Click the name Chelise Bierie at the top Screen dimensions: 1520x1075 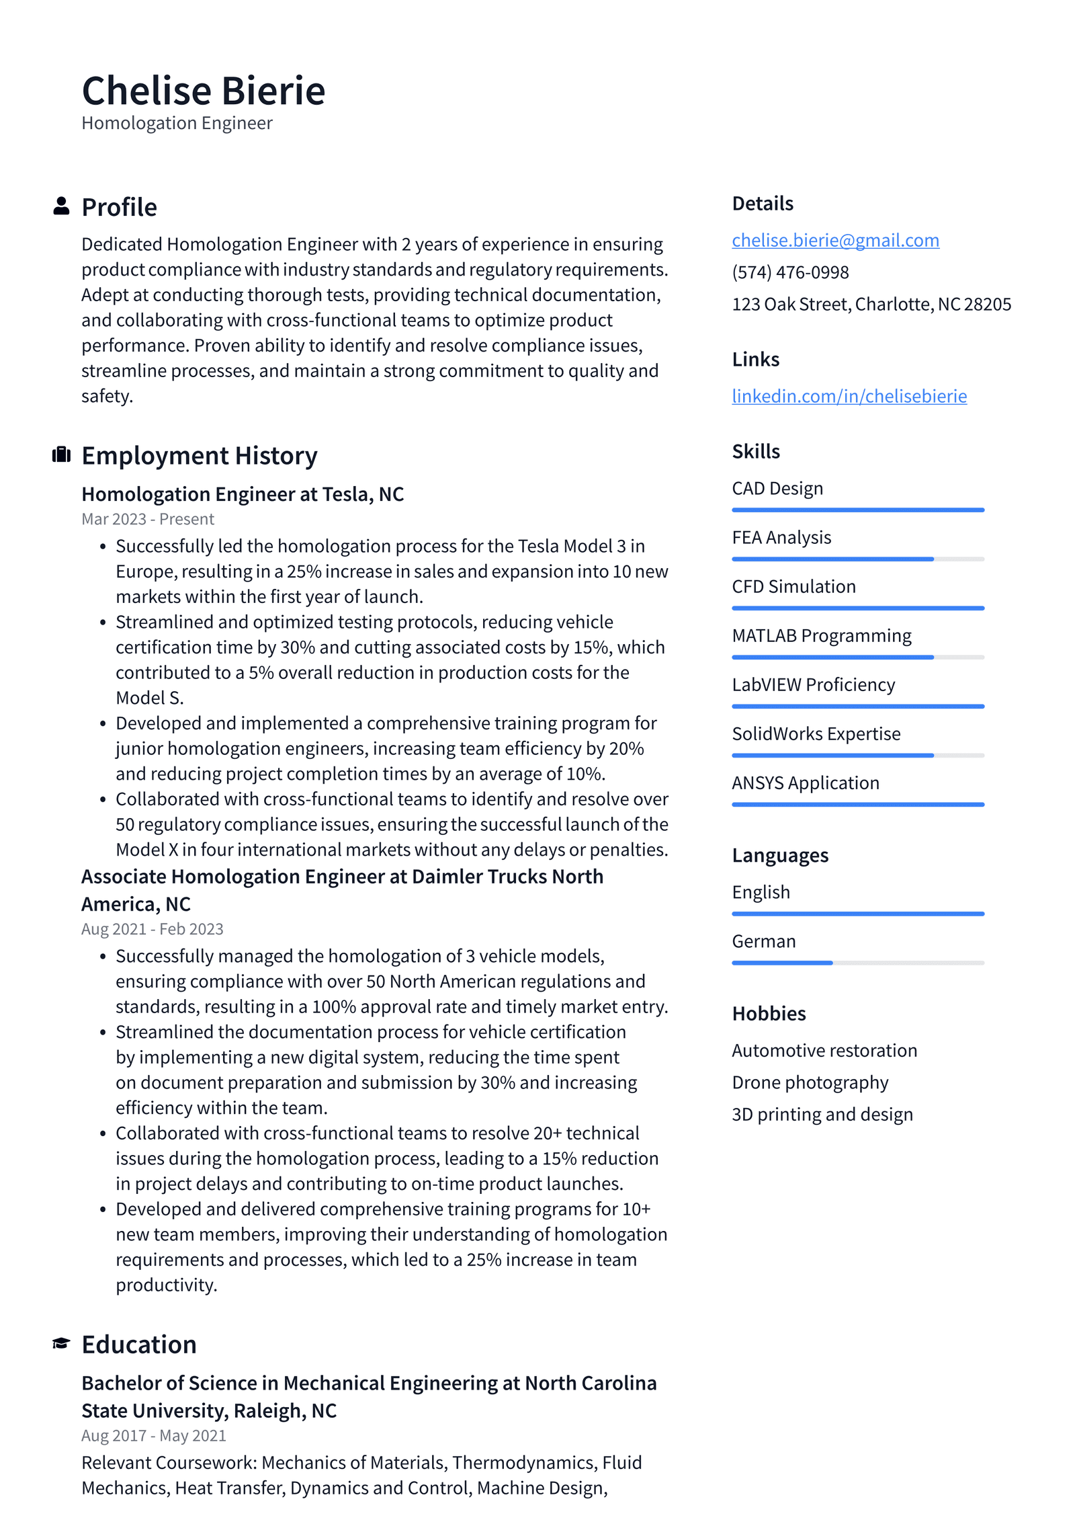203,91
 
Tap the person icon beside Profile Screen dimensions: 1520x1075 61,206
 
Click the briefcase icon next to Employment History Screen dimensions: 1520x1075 61,454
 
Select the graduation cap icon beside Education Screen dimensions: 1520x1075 61,1343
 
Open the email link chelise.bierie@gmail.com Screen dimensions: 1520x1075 834,240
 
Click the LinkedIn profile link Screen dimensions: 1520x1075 849,396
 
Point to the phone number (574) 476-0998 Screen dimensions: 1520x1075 789,272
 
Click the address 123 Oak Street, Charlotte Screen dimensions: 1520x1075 871,305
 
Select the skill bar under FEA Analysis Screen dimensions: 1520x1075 857,559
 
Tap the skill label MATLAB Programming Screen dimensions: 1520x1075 821,635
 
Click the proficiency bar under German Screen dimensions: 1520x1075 857,963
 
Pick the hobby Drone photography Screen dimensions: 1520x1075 810,1082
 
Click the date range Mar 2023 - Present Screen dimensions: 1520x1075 148,519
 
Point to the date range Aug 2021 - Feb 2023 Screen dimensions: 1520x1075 152,929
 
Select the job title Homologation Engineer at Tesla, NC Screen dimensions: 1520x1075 243,494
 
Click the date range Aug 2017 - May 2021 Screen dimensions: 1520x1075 153,1435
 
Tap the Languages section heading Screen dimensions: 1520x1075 779,855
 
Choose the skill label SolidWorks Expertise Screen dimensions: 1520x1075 816,733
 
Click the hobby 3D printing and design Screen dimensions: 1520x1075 822,1115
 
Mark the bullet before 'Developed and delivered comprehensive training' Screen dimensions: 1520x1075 103,1209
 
